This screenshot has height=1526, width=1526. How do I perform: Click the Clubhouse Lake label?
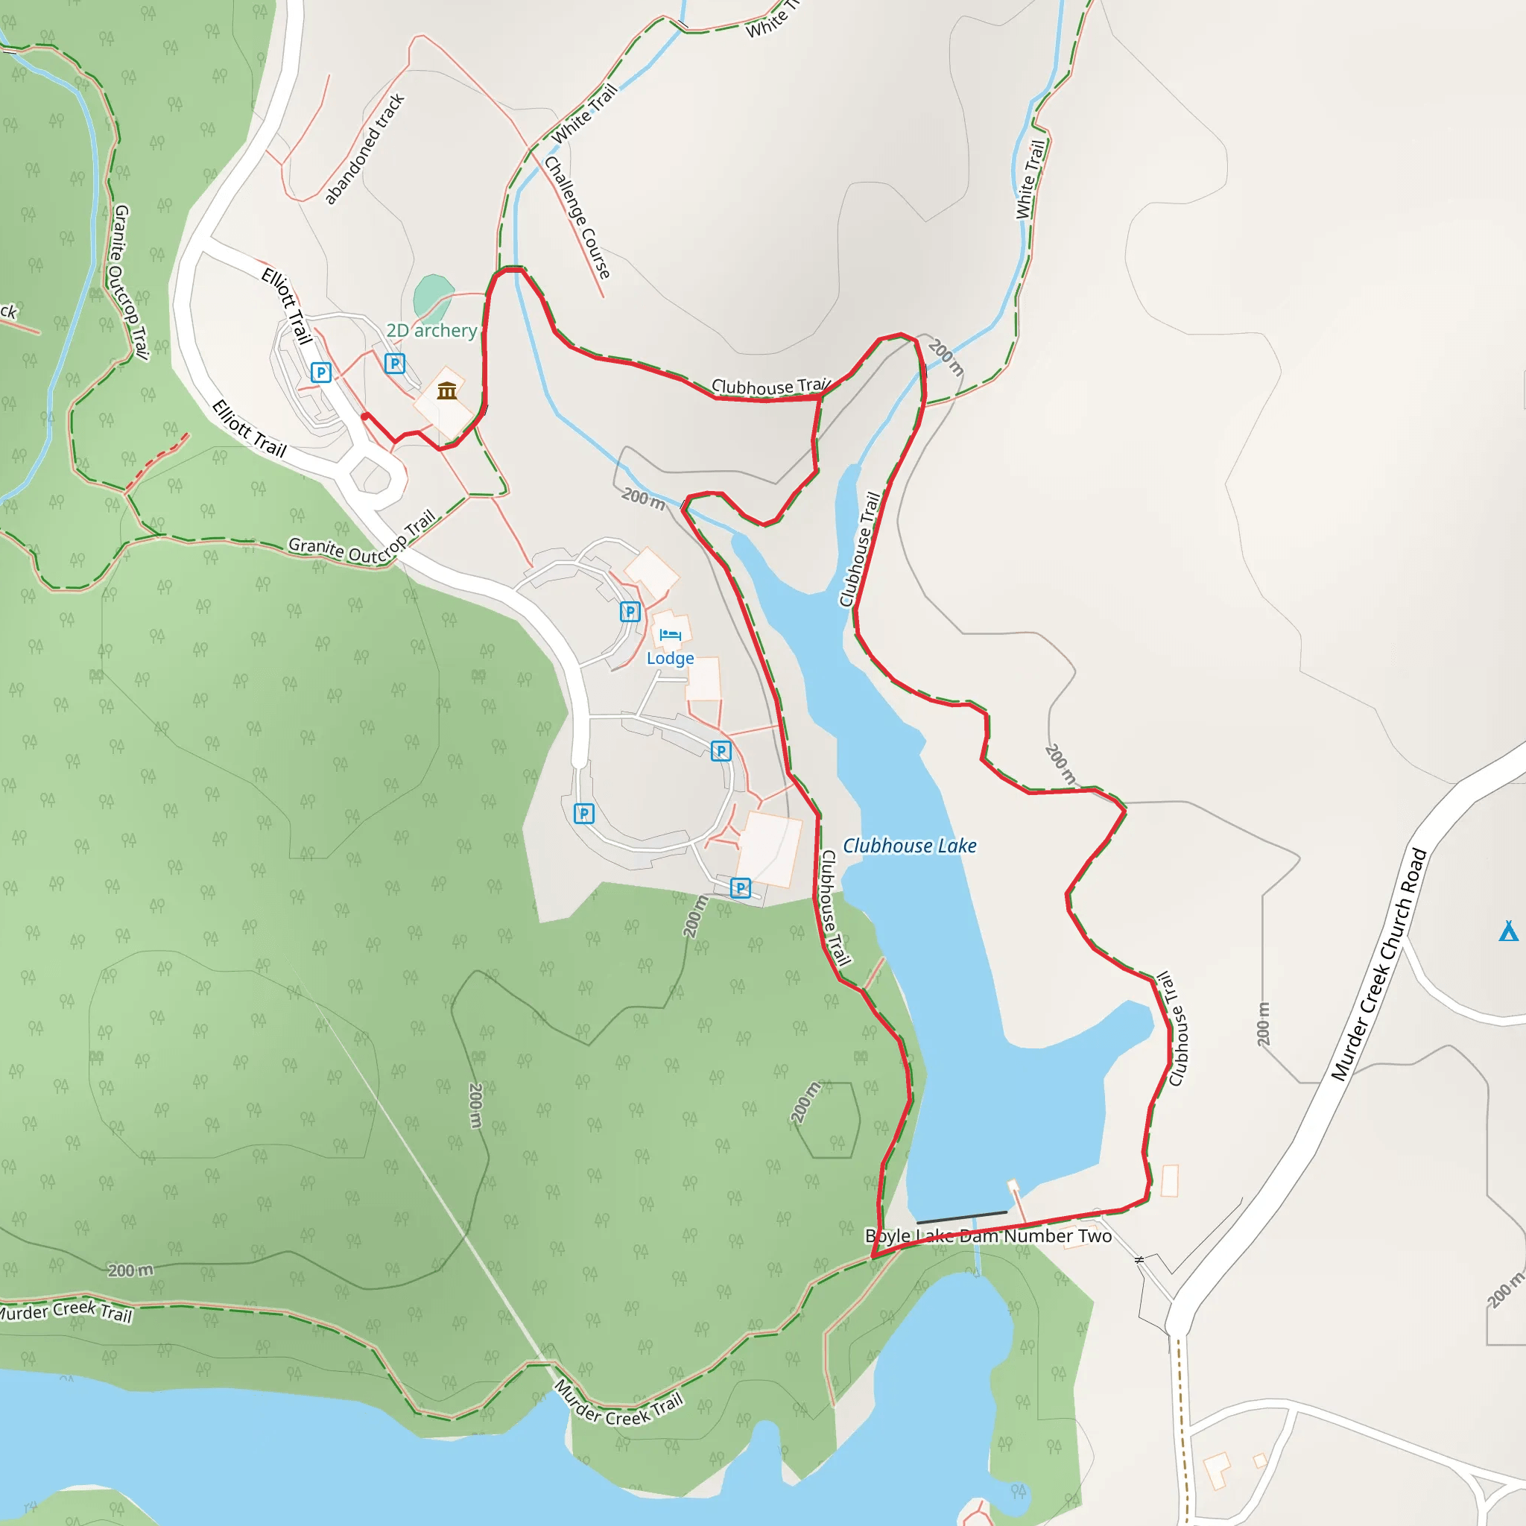point(909,846)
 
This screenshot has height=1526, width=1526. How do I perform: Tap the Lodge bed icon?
point(670,634)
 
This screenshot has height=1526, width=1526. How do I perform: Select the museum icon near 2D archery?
point(447,390)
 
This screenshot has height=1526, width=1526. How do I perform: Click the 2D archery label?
point(431,330)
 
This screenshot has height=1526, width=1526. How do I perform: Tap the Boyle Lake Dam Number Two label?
point(988,1236)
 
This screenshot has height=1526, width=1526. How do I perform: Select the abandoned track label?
point(364,148)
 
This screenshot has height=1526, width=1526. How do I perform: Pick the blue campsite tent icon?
point(1508,931)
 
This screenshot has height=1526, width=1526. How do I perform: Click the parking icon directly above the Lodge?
point(630,611)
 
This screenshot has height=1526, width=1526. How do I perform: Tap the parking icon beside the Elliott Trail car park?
point(320,372)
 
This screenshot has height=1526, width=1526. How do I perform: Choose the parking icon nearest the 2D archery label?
point(394,364)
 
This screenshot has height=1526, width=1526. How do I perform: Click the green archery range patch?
point(432,294)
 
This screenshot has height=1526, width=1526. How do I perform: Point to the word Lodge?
point(670,658)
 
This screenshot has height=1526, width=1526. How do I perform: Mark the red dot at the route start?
point(364,417)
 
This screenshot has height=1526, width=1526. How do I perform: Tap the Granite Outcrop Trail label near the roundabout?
point(361,540)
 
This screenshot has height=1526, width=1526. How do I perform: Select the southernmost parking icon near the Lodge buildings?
point(740,887)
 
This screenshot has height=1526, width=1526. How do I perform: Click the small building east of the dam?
point(1169,1181)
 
